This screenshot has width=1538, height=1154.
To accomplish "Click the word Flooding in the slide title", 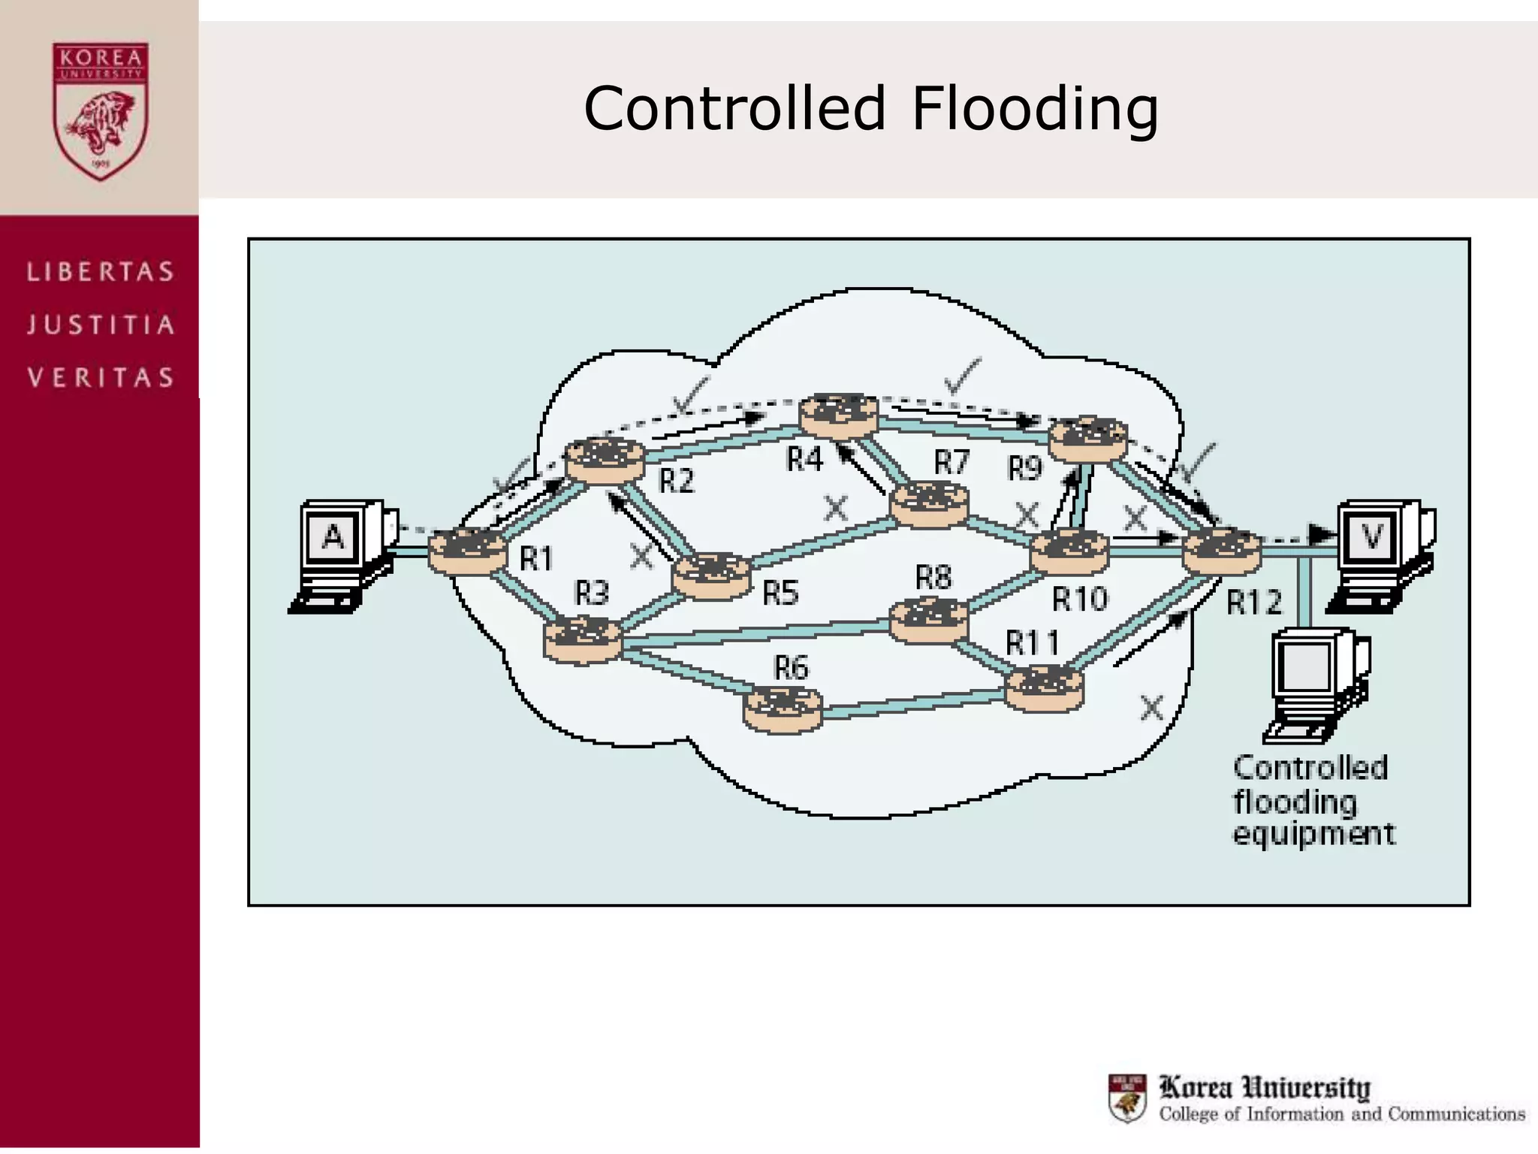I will pyautogui.click(x=1035, y=110).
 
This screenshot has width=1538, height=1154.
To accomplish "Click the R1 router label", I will pyautogui.click(x=536, y=559).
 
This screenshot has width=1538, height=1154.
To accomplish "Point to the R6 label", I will pyautogui.click(x=791, y=667).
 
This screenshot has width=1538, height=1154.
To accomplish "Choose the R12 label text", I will pyautogui.click(x=1253, y=602).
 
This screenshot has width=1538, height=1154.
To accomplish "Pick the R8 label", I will pyautogui.click(x=933, y=578).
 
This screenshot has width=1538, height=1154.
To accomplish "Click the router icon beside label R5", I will pyautogui.click(x=710, y=575).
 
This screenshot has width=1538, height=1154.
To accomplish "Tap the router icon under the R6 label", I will pyautogui.click(x=783, y=709).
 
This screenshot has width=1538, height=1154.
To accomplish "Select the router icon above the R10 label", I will pyautogui.click(x=1069, y=552).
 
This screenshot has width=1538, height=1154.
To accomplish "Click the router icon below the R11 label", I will pyautogui.click(x=1044, y=688).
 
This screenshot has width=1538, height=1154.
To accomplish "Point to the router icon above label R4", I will pyautogui.click(x=838, y=415).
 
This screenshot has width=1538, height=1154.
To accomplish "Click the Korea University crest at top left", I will pyautogui.click(x=100, y=110).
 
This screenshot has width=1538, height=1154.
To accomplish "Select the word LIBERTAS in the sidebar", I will pyautogui.click(x=101, y=271).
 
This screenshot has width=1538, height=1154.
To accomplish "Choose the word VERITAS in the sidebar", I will pyautogui.click(x=101, y=377).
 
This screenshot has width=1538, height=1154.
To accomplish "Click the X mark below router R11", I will pyautogui.click(x=1151, y=708).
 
